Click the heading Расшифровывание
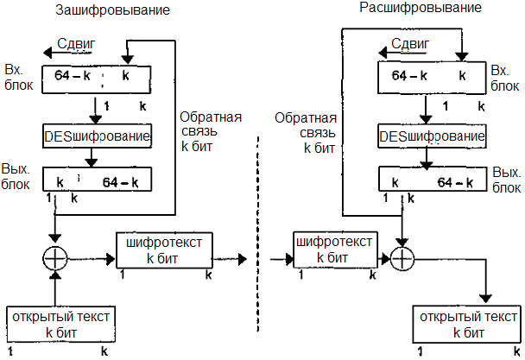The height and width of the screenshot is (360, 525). click(x=407, y=9)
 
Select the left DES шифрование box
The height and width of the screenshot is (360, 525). click(x=97, y=136)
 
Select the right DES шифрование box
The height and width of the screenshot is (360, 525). click(x=433, y=136)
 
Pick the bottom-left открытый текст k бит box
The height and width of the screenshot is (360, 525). click(x=60, y=325)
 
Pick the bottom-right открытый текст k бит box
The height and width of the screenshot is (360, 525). click(x=467, y=325)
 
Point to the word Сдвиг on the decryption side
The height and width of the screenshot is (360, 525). click(x=410, y=43)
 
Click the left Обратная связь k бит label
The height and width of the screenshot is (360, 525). click(x=211, y=132)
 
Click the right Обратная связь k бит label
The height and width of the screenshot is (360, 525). click(x=300, y=132)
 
